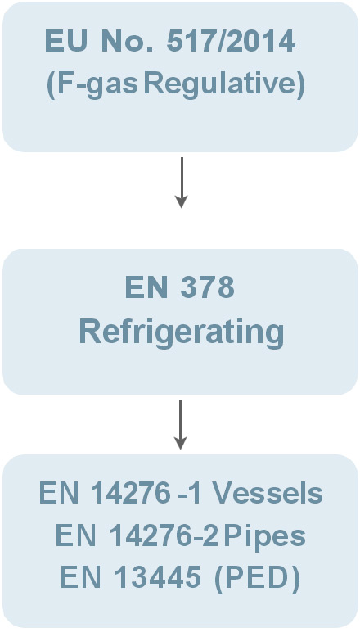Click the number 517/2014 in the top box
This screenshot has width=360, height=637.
pos(231,41)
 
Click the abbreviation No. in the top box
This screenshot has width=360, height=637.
pos(127,41)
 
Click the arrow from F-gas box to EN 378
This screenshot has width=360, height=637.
pos(182,183)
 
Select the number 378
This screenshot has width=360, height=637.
pos(207,287)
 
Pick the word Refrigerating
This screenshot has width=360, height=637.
pos(182,332)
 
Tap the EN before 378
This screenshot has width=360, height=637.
pos(146,287)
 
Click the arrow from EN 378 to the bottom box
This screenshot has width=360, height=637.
pos(181,425)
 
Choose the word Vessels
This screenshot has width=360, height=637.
pos(268,494)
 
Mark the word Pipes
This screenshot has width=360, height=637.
pos(264,536)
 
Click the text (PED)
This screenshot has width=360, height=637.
pos(258,578)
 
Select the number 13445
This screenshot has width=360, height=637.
pos(157,577)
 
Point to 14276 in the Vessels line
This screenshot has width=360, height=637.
pos(131,494)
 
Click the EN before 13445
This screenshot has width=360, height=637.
pos(80,577)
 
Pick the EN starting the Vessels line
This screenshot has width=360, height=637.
pos(59,494)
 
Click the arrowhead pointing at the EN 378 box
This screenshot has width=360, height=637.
pos(182,201)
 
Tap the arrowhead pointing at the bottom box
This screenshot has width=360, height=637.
pos(181,443)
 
